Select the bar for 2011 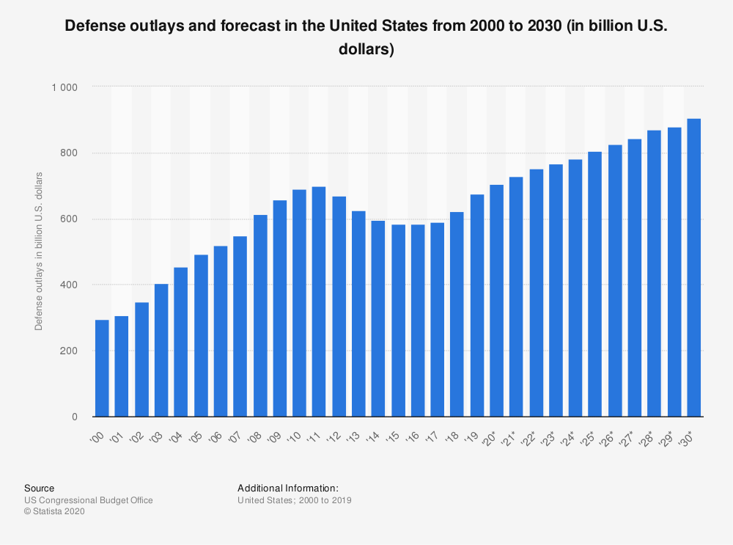click(319, 301)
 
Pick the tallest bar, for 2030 click(694, 268)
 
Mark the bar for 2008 click(259, 315)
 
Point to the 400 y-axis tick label click(69, 285)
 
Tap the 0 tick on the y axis click(74, 417)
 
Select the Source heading click(39, 488)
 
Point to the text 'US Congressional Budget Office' click(89, 500)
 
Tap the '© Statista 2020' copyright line click(55, 512)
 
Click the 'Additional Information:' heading click(288, 488)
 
